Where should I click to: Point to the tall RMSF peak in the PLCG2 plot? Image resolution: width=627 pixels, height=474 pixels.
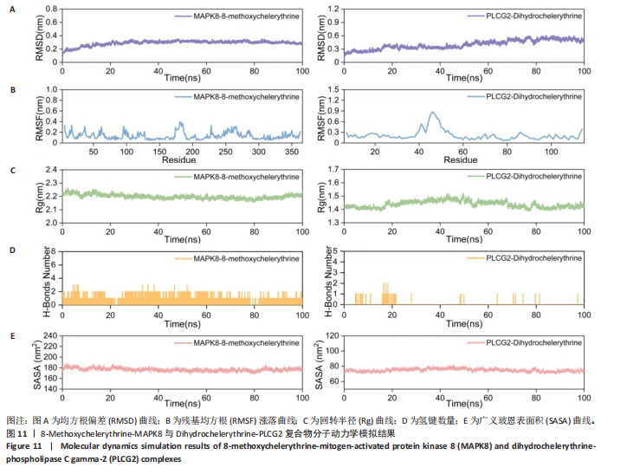click(x=430, y=113)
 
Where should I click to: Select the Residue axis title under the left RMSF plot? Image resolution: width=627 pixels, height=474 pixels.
click(x=178, y=160)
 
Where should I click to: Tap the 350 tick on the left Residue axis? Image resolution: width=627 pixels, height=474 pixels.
click(x=292, y=153)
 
